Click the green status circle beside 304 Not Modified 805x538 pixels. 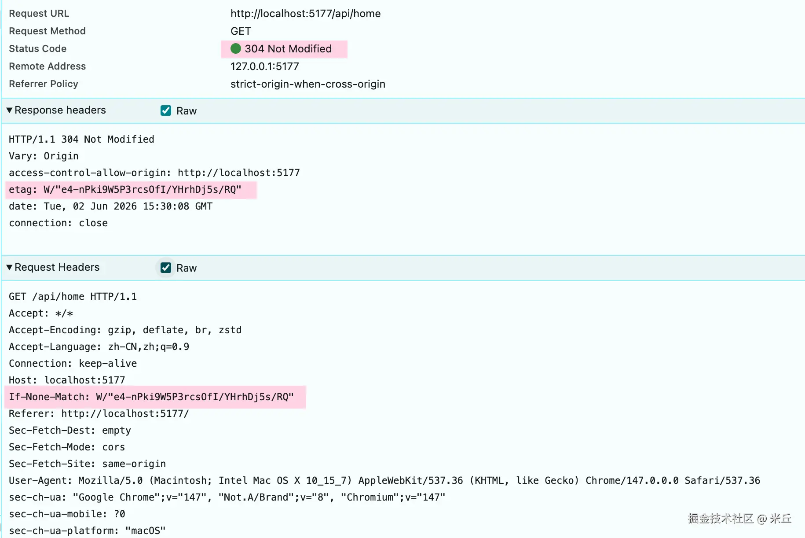tap(236, 48)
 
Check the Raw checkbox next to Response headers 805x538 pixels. tap(166, 111)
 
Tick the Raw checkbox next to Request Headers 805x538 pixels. tap(166, 268)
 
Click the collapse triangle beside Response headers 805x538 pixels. tap(9, 110)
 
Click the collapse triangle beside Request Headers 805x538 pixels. tap(9, 267)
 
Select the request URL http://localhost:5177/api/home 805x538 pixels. tap(306, 14)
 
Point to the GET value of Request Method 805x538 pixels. tap(241, 31)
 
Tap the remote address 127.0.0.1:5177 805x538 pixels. tap(265, 66)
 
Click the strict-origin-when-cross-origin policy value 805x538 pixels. tap(308, 84)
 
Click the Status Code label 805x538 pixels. tap(38, 49)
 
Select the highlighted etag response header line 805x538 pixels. tap(125, 190)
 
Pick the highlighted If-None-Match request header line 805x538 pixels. tap(151, 397)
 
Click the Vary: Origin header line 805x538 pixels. tap(44, 156)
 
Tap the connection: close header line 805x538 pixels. tap(58, 223)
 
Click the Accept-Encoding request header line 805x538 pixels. tap(125, 330)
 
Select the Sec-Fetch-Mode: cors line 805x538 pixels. tap(67, 447)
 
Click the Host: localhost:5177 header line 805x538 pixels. tap(67, 380)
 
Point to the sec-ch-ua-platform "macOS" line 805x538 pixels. tap(87, 531)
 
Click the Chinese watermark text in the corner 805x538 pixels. tap(740, 519)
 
